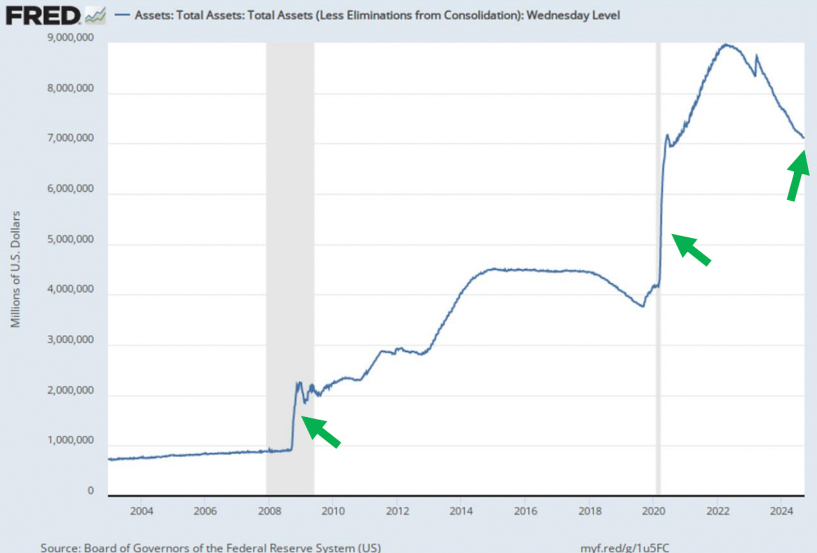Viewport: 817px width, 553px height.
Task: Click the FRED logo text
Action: tap(43, 15)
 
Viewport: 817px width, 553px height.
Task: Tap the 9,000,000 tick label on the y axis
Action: tap(71, 38)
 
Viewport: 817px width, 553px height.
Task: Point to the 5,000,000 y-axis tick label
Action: tap(71, 239)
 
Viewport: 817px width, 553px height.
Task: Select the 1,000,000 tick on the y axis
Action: tap(71, 440)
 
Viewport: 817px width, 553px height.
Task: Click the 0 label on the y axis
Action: tap(90, 491)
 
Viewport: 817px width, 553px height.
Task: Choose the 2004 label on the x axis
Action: tap(141, 511)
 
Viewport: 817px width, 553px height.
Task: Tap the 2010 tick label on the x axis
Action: tap(333, 511)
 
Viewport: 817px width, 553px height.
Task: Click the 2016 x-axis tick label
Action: tap(525, 511)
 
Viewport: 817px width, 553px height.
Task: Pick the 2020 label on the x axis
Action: tap(654, 511)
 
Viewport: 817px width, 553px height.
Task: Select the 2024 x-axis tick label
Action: tap(781, 511)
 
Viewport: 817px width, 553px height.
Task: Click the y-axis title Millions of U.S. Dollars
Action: tap(15, 269)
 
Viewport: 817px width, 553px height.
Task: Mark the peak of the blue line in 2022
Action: tap(727, 44)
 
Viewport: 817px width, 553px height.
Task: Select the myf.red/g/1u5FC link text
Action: tap(625, 547)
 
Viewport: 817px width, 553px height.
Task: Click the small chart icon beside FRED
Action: tap(95, 16)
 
